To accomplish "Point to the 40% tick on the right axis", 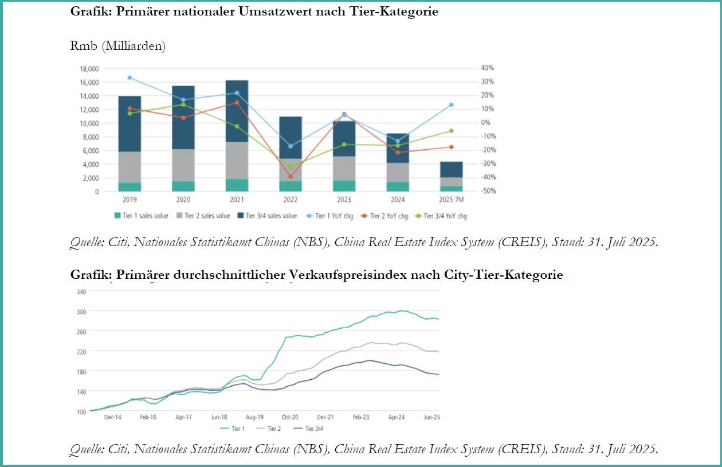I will tap(487, 68).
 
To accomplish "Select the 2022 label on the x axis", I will tap(290, 200).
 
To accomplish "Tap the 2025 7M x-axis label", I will tap(451, 200).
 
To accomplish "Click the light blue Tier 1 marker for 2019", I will tap(130, 77).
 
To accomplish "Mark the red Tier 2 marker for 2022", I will tap(291, 176).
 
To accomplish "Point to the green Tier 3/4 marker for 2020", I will tap(183, 104).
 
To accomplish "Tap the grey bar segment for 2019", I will tap(130, 167).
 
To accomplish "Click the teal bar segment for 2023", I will tap(344, 186).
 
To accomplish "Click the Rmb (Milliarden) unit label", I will tap(118, 46).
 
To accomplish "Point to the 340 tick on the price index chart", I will tap(81, 291).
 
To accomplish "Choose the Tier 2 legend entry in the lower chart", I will tap(271, 428).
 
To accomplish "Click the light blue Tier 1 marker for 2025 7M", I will tap(451, 105).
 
